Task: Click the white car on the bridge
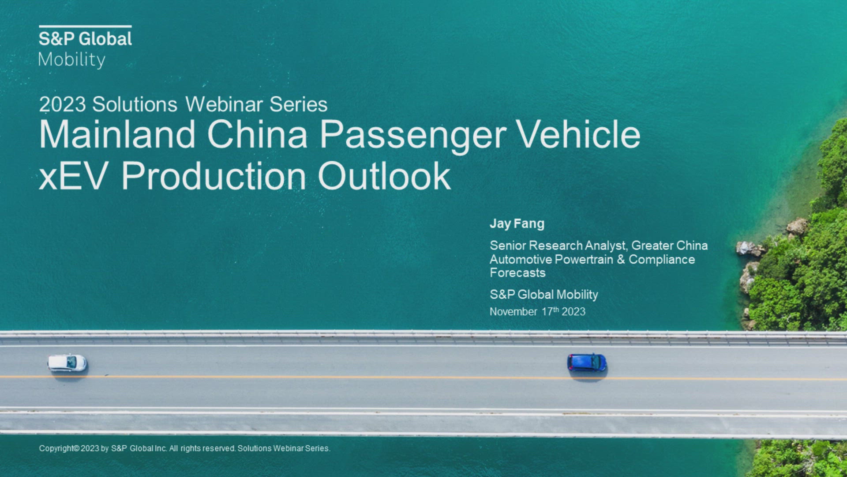coord(67,363)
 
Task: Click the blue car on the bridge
coord(587,362)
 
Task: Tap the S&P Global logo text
coord(85,39)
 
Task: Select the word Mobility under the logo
coord(72,60)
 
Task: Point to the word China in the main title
coord(257,134)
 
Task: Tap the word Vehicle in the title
coord(578,134)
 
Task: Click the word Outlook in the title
coord(384,176)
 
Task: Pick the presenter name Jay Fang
coord(517,224)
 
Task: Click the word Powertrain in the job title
coord(584,259)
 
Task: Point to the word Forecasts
coord(517,273)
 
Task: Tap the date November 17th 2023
coord(537,311)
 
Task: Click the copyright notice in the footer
coord(184,448)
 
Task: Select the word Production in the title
coord(214,176)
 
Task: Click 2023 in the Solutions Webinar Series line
coord(62,105)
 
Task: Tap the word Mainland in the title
coord(117,134)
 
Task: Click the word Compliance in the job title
coord(662,260)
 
